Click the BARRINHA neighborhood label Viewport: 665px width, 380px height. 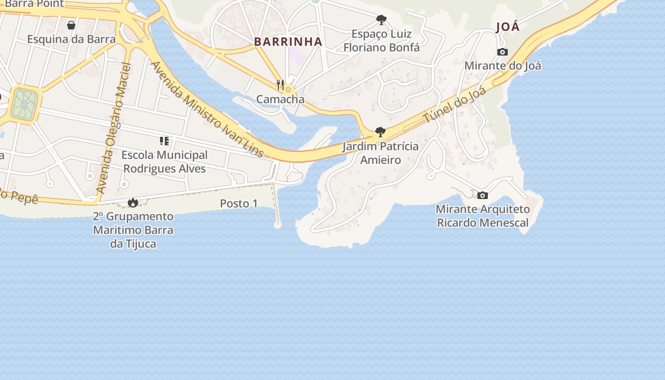[288, 42]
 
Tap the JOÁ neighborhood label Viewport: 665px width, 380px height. [508, 27]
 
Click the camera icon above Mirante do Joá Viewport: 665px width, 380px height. [503, 52]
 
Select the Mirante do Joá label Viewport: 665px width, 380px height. [503, 66]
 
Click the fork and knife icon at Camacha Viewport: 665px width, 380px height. [280, 85]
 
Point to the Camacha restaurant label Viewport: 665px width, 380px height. [280, 99]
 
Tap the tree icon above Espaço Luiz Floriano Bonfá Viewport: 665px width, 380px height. [381, 19]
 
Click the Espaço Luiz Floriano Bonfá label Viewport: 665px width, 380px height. [381, 41]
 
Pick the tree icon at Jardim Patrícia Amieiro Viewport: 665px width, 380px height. [380, 132]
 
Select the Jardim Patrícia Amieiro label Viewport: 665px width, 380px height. [380, 153]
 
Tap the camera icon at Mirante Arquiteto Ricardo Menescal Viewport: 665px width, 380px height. [483, 195]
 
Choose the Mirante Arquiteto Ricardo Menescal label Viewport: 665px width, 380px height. [483, 216]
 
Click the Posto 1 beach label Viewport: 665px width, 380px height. [239, 204]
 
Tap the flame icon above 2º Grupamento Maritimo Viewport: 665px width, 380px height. [133, 203]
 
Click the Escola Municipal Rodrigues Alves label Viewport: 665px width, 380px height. [164, 162]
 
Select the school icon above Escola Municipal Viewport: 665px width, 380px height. [164, 141]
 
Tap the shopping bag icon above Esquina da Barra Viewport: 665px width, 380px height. [71, 25]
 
